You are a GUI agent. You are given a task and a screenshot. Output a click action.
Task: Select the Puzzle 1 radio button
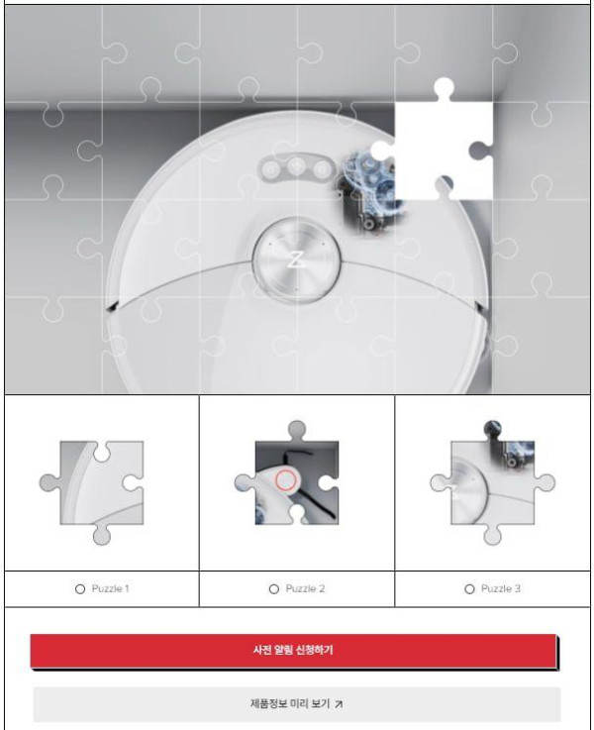tap(80, 589)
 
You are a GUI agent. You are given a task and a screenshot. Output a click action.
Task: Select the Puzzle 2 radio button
tap(274, 589)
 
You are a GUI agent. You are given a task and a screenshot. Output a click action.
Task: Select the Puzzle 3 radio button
tap(469, 589)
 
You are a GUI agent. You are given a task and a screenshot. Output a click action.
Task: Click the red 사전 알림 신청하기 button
tap(294, 651)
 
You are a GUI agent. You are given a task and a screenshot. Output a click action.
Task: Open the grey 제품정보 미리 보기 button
tap(297, 704)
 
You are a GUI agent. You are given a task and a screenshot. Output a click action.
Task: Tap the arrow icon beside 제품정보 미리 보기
tap(339, 704)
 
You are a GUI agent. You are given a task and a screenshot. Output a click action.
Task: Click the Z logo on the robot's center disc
tap(295, 260)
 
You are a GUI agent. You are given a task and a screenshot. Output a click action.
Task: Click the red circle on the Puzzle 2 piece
tap(285, 480)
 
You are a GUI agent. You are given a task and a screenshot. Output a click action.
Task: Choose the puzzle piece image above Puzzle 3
tap(492, 482)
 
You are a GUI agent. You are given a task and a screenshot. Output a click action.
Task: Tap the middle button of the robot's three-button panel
tap(296, 165)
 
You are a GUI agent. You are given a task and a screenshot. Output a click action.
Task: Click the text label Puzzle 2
tap(305, 589)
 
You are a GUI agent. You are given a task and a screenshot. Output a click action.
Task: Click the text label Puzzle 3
tap(501, 589)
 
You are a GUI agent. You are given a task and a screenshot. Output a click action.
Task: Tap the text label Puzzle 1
tap(110, 589)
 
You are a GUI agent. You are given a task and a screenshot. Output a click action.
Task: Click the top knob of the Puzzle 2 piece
tap(297, 429)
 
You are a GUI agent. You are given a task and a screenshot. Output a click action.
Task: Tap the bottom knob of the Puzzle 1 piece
tap(102, 535)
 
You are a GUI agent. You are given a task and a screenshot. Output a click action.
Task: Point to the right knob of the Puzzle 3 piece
tap(545, 482)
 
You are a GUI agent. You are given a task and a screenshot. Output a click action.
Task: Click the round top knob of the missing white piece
tap(445, 87)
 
